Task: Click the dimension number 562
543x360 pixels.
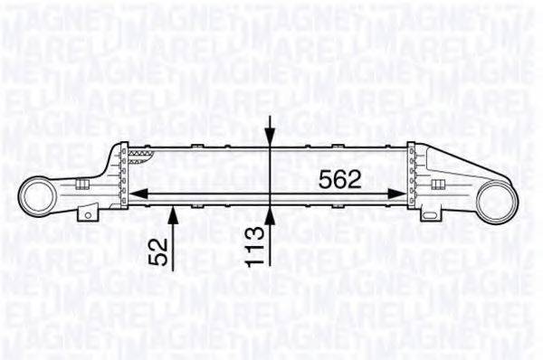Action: pos(339,178)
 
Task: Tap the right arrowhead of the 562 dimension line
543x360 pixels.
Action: pos(398,192)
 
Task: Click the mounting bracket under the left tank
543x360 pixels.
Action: pos(87,213)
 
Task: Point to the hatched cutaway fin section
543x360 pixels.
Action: pos(139,156)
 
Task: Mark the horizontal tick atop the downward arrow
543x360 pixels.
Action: pos(269,117)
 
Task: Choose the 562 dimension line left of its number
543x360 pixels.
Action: pos(226,192)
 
